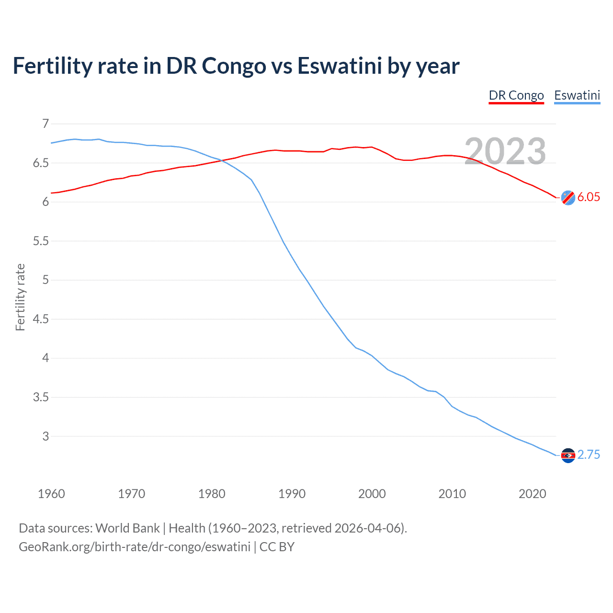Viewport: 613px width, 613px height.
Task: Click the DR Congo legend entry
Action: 516,95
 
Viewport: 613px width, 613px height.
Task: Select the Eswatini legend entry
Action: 577,95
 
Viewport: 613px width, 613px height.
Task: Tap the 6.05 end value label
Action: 588,197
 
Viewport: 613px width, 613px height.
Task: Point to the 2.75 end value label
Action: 588,455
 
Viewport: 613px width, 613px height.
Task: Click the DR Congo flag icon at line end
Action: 568,197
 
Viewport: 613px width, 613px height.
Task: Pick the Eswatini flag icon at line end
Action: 568,455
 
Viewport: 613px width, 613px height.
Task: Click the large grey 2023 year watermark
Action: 505,151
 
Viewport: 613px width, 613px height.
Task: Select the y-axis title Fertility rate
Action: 20,297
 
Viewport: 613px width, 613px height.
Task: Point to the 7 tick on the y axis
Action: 45,124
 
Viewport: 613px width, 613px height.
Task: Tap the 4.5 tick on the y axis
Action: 41,319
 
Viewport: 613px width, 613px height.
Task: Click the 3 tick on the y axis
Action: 45,436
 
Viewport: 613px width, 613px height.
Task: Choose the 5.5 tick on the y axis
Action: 41,241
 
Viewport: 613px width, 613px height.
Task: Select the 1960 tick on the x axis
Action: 51,494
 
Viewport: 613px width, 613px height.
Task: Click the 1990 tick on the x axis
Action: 292,494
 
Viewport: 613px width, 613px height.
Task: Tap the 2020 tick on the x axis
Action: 532,494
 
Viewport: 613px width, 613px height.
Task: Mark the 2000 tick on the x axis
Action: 372,494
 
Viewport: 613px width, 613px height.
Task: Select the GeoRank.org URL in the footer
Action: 135,547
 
